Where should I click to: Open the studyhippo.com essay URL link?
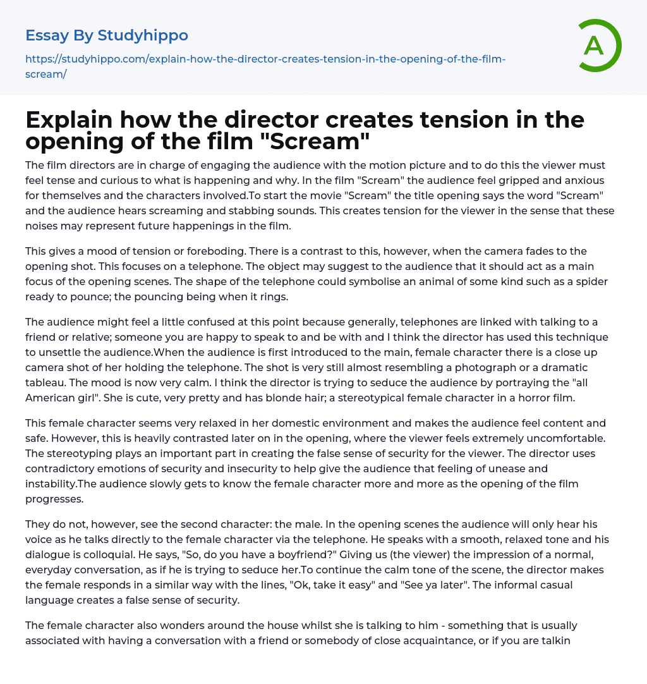coord(265,66)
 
